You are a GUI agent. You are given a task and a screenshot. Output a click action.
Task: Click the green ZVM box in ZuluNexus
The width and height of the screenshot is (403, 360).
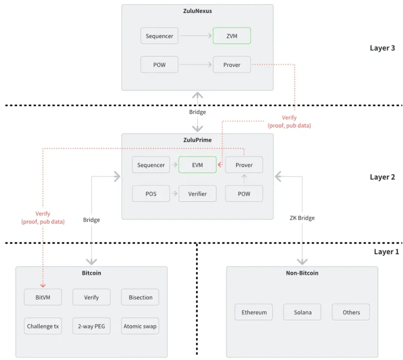232,36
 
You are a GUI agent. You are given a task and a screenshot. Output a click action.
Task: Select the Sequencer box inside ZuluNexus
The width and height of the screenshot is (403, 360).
160,36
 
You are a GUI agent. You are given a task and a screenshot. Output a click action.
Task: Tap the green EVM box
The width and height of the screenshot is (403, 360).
197,165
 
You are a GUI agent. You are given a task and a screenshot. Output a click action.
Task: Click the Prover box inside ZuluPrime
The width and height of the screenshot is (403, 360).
244,165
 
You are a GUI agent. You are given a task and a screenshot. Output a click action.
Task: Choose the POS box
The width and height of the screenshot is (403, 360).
151,194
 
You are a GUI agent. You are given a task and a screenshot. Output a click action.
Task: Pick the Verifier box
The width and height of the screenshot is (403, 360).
197,194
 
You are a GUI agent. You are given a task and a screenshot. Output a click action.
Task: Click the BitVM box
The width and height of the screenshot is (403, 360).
43,297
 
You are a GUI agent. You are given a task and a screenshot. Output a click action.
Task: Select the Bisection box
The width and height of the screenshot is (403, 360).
140,297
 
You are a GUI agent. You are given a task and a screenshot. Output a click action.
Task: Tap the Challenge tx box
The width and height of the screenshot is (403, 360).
43,326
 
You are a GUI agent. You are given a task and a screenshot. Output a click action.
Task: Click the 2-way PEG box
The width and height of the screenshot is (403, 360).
91,326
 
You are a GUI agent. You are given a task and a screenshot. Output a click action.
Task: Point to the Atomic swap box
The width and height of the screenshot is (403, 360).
140,326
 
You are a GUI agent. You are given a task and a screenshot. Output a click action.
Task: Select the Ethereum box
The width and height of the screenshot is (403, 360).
254,312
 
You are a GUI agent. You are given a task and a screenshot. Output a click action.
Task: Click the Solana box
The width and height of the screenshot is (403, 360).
302,312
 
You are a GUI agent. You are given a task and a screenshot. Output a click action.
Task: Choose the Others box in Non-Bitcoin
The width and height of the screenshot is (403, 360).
351,312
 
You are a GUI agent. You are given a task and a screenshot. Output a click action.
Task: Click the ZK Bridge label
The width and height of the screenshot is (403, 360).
302,218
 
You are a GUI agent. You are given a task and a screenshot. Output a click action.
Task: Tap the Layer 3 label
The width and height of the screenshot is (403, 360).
382,48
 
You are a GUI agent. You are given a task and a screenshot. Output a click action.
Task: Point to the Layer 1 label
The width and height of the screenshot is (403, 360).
386,251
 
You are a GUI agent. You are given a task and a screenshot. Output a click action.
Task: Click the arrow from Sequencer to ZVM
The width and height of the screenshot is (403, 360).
196,36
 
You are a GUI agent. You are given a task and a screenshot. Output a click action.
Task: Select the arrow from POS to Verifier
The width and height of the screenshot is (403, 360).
174,194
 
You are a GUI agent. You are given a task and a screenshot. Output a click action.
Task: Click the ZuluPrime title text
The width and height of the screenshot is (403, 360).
197,140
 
